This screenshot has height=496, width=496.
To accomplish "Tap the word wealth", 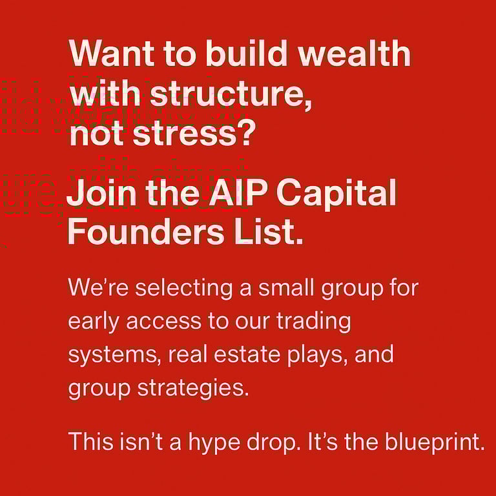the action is (x=355, y=53).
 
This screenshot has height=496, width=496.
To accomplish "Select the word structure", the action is (x=231, y=94).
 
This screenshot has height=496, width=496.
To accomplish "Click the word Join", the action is (x=101, y=192).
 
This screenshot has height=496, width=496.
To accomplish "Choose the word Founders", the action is (x=146, y=231).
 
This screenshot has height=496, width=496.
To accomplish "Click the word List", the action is (x=268, y=231).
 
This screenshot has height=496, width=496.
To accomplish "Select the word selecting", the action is (x=184, y=289).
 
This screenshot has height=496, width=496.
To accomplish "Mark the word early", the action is (x=94, y=322).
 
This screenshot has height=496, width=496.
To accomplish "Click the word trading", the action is (x=313, y=322).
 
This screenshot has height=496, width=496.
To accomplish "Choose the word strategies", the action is (x=193, y=387).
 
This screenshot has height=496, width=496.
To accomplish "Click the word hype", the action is (x=214, y=442).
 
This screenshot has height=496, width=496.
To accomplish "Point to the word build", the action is (x=246, y=53).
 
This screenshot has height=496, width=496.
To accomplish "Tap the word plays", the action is (x=315, y=355).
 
